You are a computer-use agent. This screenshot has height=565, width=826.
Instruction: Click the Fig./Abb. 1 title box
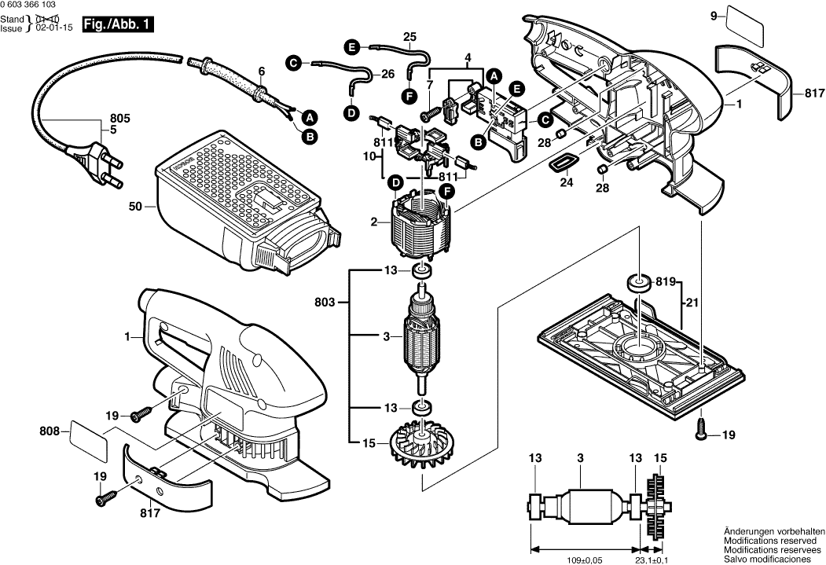tap(118, 24)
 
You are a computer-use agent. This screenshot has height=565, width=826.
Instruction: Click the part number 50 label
tap(135, 207)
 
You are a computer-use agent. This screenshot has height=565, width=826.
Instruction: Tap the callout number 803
tap(325, 303)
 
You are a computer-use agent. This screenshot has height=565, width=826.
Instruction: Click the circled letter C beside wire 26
tap(293, 64)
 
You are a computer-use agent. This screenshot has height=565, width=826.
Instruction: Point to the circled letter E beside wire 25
tap(352, 47)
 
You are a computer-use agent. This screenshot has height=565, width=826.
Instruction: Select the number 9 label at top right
tap(714, 17)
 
